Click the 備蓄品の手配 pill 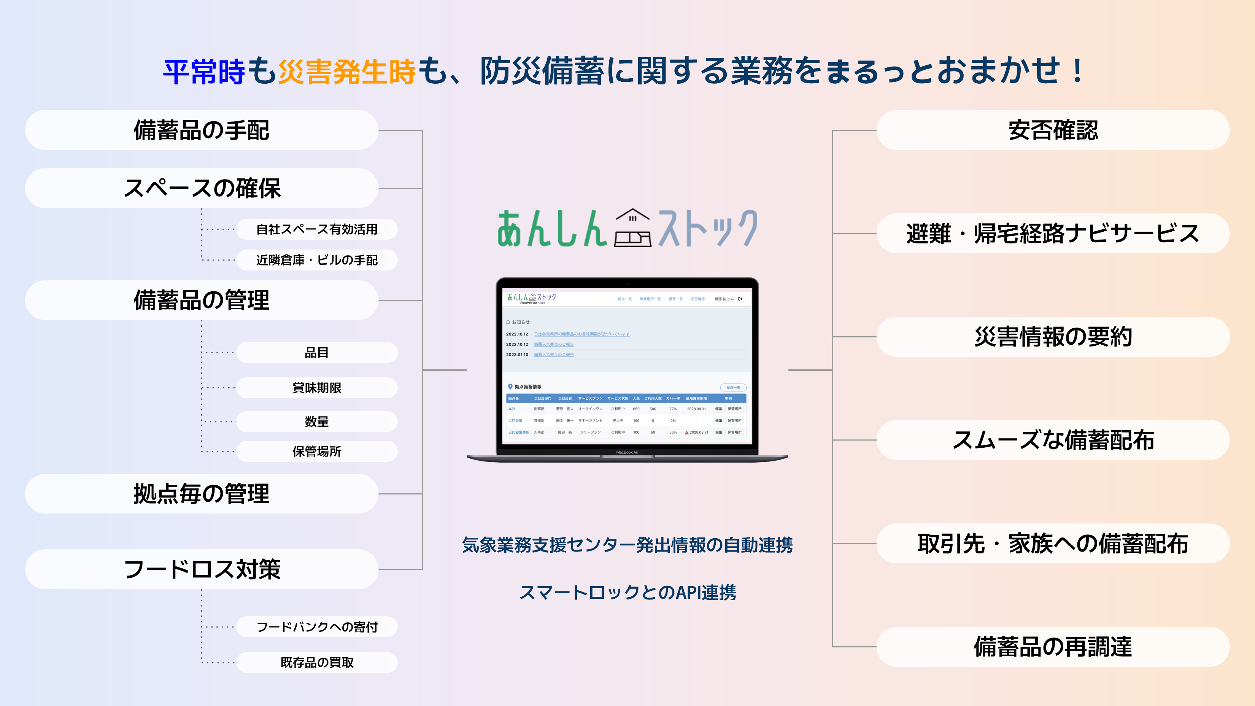[201, 130]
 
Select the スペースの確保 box [201, 189]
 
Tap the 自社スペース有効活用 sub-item [317, 229]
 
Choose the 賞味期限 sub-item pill [317, 388]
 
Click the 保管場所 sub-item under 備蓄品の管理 [317, 452]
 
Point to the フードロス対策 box [201, 569]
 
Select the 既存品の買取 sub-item [317, 663]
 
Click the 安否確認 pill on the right [1053, 130]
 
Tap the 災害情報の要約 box [1053, 337]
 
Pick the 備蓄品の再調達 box [1053, 647]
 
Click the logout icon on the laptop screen [740, 299]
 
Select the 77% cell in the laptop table [673, 409]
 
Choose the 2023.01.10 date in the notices [517, 355]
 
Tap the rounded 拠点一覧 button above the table [733, 388]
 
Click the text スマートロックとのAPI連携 [627, 593]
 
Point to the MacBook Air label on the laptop [627, 453]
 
